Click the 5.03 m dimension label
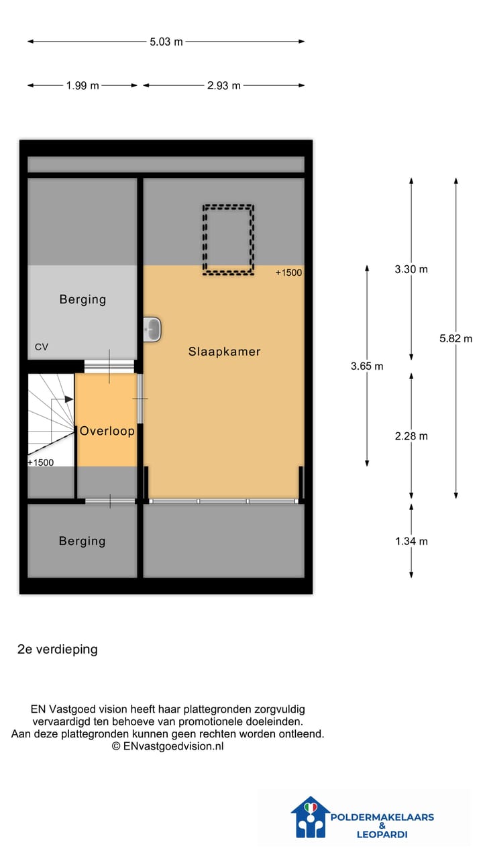coord(166,42)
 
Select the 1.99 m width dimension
coord(83,86)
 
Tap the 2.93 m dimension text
coord(223,86)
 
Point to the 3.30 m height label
coord(411,269)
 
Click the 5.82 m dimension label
coord(456,339)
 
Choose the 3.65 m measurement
coord(367,366)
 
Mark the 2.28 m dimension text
coord(411,436)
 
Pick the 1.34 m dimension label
coord(411,542)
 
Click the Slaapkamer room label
coord(224,352)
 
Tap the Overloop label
coord(107,432)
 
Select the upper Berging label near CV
coord(83,300)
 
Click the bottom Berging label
coord(82,541)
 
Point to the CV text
coord(42,347)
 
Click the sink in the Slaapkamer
coord(152,328)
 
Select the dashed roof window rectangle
coord(228,240)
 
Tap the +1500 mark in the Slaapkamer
coord(288,273)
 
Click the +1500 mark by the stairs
coord(40,462)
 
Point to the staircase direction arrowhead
coord(69,399)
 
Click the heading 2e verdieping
coord(58,650)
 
